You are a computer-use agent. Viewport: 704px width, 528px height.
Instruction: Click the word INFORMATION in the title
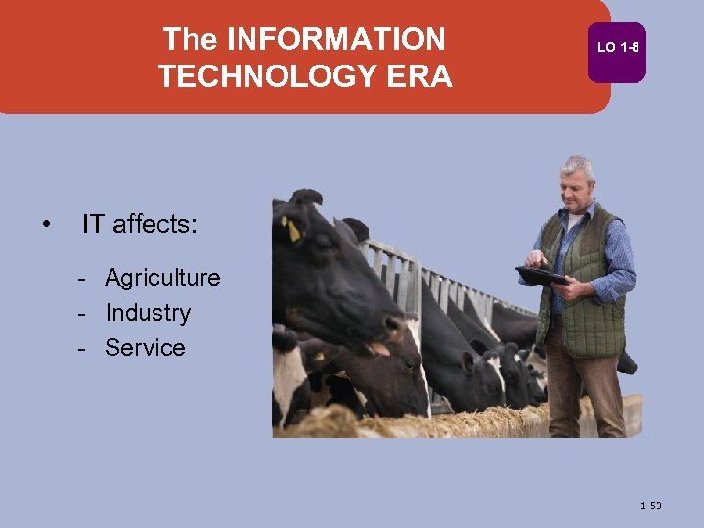335,39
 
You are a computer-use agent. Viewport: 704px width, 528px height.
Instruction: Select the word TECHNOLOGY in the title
264,76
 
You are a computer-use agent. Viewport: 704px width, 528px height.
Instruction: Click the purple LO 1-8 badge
617,48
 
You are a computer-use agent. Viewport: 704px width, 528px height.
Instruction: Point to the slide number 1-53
650,506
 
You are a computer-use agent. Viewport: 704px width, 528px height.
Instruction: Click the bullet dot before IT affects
46,226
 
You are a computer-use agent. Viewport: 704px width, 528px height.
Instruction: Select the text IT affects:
139,225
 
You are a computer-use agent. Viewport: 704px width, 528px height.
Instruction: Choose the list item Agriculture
162,278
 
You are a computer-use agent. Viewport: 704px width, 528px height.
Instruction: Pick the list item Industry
148,313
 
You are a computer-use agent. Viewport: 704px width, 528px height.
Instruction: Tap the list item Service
145,348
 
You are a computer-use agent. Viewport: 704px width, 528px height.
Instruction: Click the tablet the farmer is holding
541,276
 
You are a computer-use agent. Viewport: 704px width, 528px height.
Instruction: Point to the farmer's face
576,186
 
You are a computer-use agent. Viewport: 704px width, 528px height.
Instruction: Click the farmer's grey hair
578,163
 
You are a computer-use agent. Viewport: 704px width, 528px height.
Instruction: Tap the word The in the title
191,39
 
